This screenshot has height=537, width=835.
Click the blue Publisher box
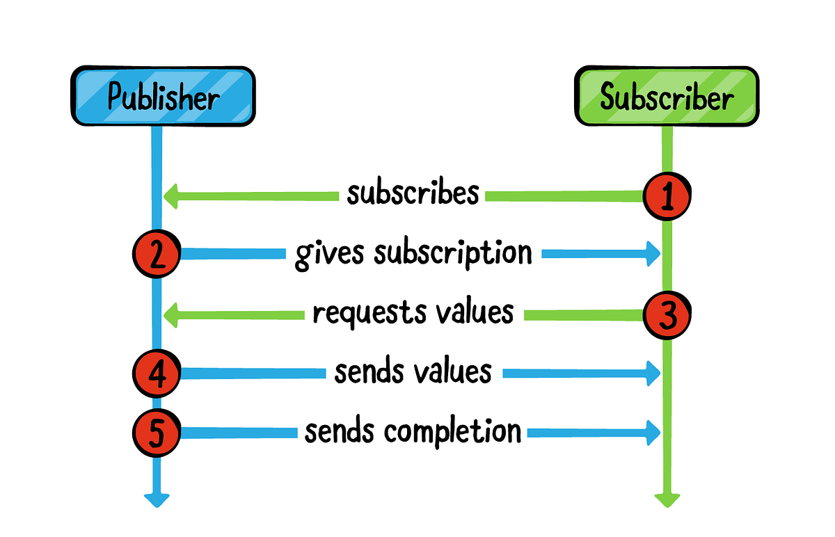[x=163, y=97]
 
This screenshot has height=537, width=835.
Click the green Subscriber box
[x=666, y=97]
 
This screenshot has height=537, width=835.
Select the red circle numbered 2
[x=157, y=255]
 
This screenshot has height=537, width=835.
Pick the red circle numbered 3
[x=667, y=316]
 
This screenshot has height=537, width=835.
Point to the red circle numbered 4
[x=157, y=374]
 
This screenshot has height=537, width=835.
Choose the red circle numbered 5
[x=157, y=433]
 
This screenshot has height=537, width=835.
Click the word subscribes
[x=413, y=193]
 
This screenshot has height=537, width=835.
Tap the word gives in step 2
[x=330, y=255]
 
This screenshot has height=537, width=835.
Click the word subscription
[x=453, y=255]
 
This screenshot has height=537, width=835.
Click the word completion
[x=453, y=431]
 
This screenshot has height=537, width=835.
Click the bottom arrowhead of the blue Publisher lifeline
[x=157, y=499]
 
